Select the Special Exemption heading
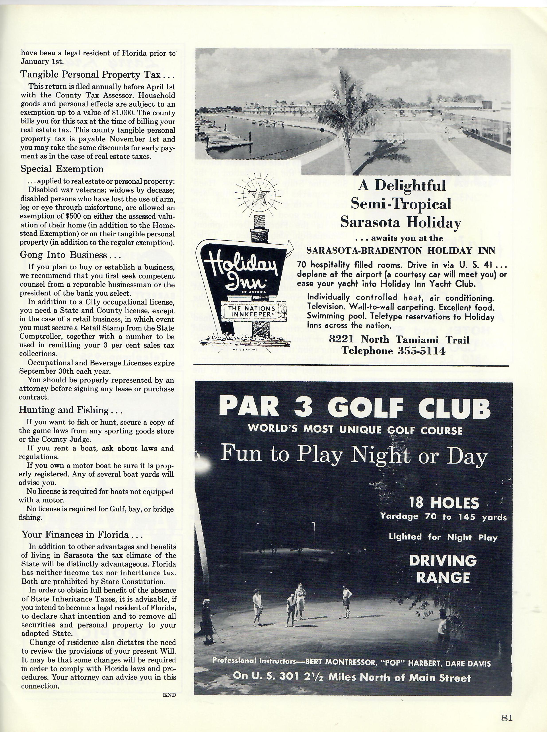click(x=62, y=169)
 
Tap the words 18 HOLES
click(x=444, y=503)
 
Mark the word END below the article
click(x=169, y=695)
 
